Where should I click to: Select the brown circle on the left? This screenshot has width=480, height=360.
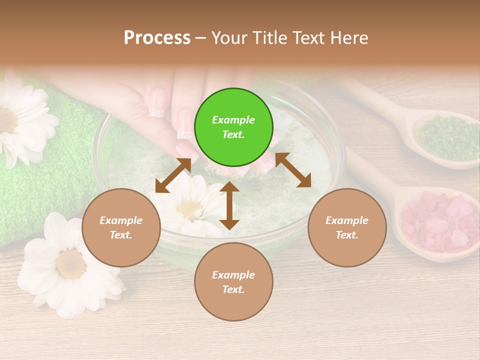(121, 227)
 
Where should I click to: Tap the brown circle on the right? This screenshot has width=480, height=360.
(347, 227)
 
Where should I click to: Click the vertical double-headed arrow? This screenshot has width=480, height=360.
(229, 205)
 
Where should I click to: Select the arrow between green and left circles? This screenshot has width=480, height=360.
(173, 175)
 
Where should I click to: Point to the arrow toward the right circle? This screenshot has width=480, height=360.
(293, 170)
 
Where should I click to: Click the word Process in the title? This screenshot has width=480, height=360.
(157, 37)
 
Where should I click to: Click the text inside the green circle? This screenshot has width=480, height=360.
(233, 127)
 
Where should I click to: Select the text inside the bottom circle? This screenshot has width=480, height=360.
(233, 282)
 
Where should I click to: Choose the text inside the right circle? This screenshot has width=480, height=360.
(347, 227)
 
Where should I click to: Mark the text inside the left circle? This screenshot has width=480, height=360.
(121, 227)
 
